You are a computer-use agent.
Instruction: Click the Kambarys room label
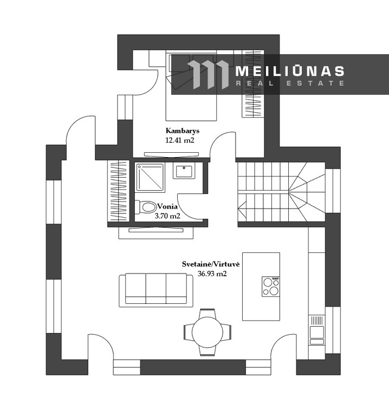pyautogui.click(x=182, y=131)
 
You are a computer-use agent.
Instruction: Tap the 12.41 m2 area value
pyautogui.click(x=180, y=140)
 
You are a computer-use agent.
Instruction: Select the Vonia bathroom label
pyautogui.click(x=167, y=206)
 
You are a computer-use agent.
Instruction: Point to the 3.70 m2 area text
pyautogui.click(x=167, y=216)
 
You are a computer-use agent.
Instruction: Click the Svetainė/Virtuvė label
pyautogui.click(x=211, y=264)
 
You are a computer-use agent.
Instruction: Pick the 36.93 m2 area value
pyautogui.click(x=212, y=274)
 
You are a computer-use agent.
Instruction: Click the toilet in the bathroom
pyautogui.click(x=146, y=207)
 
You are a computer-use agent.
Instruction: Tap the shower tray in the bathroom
pyautogui.click(x=150, y=178)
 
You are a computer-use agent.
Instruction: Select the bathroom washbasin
pyautogui.click(x=184, y=170)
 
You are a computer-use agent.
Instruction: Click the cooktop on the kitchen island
pyautogui.click(x=271, y=286)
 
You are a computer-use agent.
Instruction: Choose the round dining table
pyautogui.click(x=208, y=332)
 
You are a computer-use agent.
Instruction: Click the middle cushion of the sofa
pyautogui.click(x=156, y=288)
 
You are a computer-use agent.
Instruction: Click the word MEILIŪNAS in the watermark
pyautogui.click(x=290, y=71)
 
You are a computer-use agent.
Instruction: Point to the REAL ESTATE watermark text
pyautogui.click(x=290, y=83)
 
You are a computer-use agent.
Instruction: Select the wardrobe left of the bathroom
pyautogui.click(x=118, y=191)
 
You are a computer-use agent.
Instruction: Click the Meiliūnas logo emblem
pyautogui.click(x=208, y=75)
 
